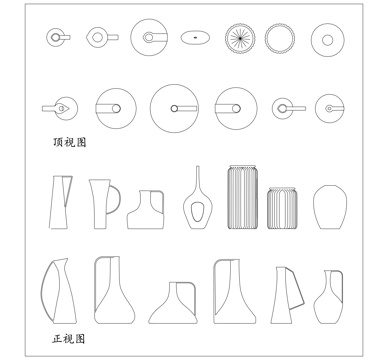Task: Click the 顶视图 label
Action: pos(70,143)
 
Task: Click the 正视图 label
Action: pos(70,340)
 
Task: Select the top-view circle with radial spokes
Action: pos(240,38)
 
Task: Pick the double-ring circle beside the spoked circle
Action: pos(280,38)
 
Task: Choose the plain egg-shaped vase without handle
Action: pos(328,207)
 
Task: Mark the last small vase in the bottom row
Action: pos(327,297)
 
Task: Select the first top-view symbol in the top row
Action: pos(57,38)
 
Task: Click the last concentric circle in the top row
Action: pos(327,39)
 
